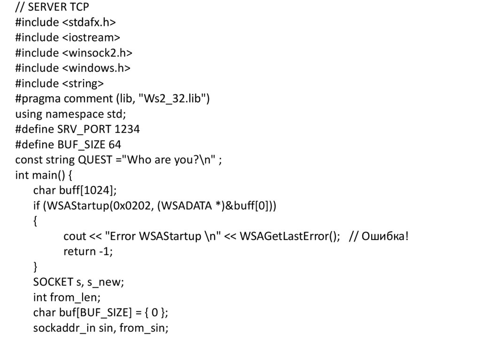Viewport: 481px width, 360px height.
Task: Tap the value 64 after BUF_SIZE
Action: click(x=115, y=145)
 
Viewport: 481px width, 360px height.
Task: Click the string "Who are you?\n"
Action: click(x=171, y=160)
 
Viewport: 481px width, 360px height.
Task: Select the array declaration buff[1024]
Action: click(x=87, y=191)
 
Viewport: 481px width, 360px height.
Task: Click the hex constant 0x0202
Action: click(x=131, y=206)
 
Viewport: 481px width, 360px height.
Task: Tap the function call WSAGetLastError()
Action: click(x=289, y=236)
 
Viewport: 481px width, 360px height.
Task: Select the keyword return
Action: click(x=79, y=252)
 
